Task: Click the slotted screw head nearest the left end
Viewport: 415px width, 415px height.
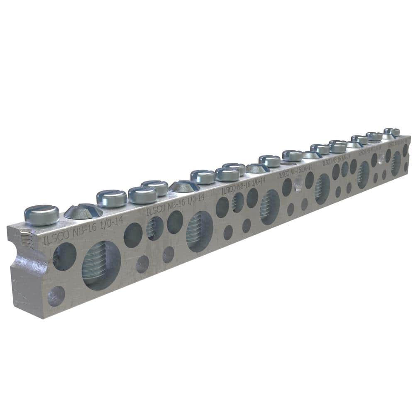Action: click(41, 214)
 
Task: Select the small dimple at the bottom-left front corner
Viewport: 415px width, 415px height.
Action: click(56, 296)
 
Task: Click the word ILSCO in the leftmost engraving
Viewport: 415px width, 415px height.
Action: click(54, 240)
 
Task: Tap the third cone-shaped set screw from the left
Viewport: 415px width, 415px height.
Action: click(258, 168)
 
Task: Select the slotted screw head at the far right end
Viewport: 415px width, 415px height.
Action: click(391, 132)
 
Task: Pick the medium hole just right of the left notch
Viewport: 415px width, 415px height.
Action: click(65, 256)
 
